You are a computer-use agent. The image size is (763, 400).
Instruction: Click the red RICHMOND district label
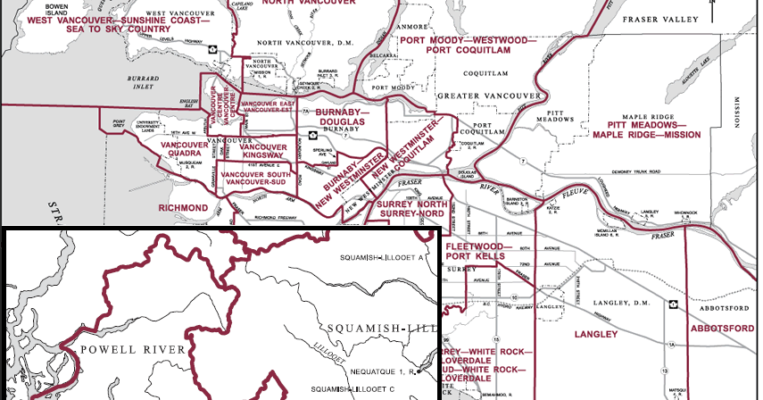coord(182,207)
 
